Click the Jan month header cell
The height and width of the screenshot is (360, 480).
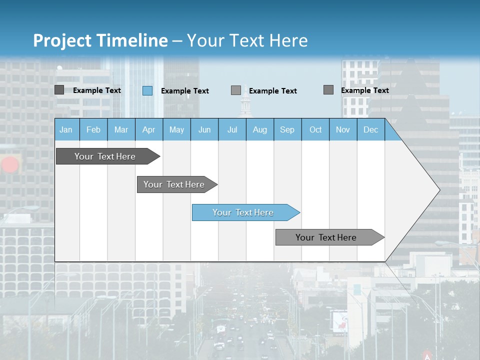click(x=66, y=130)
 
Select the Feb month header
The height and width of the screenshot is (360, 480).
click(x=93, y=130)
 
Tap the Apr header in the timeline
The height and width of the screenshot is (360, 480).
click(x=148, y=130)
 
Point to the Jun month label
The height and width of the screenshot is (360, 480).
click(x=204, y=130)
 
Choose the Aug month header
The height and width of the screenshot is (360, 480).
click(x=259, y=130)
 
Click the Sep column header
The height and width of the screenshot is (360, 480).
click(x=287, y=130)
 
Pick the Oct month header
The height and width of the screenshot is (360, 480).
click(x=315, y=130)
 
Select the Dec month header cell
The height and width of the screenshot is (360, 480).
click(x=370, y=130)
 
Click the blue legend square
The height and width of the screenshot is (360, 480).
click(x=147, y=90)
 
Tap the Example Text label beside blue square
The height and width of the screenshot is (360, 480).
click(x=185, y=91)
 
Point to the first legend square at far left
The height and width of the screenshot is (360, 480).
click(x=59, y=90)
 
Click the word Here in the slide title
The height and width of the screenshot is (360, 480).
click(x=288, y=40)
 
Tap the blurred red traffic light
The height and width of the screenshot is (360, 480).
click(x=10, y=164)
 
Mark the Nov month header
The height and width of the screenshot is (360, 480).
click(x=343, y=130)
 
